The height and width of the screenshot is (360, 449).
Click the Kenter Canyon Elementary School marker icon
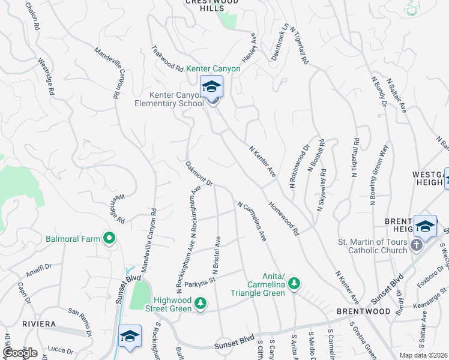tap(211, 88)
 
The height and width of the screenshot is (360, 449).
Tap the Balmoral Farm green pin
tap(109, 239)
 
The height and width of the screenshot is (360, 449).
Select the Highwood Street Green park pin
tap(201, 304)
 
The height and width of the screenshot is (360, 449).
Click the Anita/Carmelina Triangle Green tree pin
tap(294, 283)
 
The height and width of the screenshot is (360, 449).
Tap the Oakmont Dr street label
tap(199, 173)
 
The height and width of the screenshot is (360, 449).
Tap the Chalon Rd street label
tap(31, 16)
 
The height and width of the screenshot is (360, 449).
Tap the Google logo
tap(20, 353)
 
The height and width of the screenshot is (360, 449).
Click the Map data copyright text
tap(424, 355)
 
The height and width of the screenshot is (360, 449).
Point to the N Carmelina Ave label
tap(252, 222)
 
